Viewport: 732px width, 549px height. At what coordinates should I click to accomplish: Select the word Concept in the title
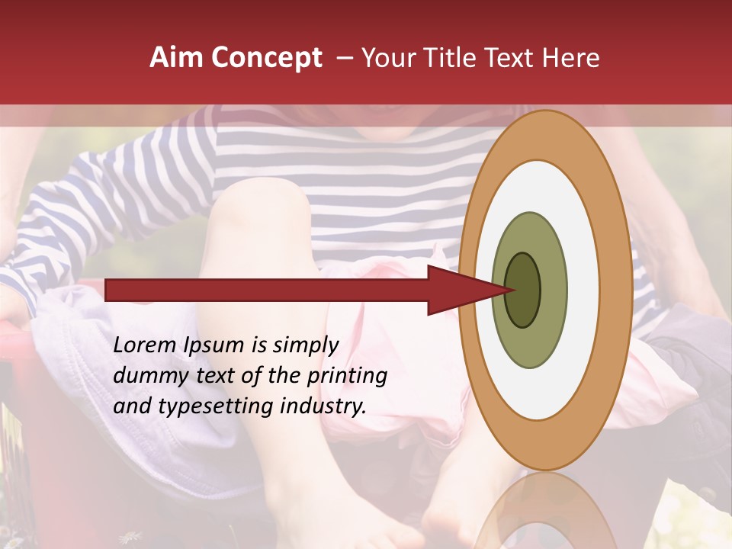[x=267, y=57]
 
